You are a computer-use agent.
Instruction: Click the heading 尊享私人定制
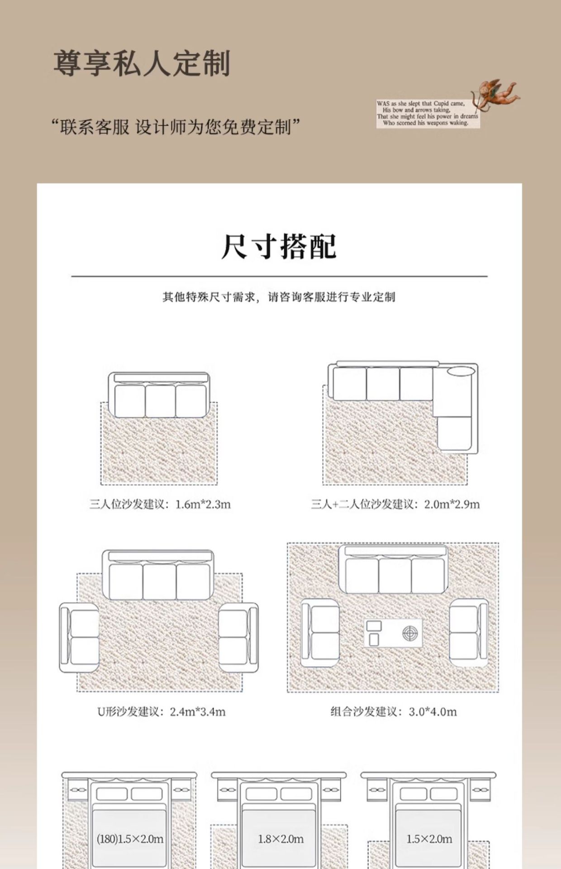[142, 63]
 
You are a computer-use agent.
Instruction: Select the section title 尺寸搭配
[279, 247]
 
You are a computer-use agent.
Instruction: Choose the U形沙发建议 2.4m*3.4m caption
[162, 711]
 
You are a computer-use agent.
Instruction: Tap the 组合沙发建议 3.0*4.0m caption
[393, 711]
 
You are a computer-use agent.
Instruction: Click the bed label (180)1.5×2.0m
[130, 839]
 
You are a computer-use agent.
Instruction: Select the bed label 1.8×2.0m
[280, 839]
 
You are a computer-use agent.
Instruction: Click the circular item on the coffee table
[409, 633]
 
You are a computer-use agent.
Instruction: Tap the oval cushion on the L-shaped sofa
[461, 371]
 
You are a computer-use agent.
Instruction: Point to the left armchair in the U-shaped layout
[80, 637]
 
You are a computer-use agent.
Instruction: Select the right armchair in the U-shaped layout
[238, 637]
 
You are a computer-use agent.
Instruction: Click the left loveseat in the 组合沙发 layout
[320, 633]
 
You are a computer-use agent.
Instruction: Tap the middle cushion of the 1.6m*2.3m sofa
[160, 401]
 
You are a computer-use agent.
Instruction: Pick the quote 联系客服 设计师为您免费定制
[176, 127]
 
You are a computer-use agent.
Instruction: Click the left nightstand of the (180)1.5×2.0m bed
[78, 790]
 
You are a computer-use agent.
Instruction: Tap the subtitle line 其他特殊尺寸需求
[279, 297]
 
